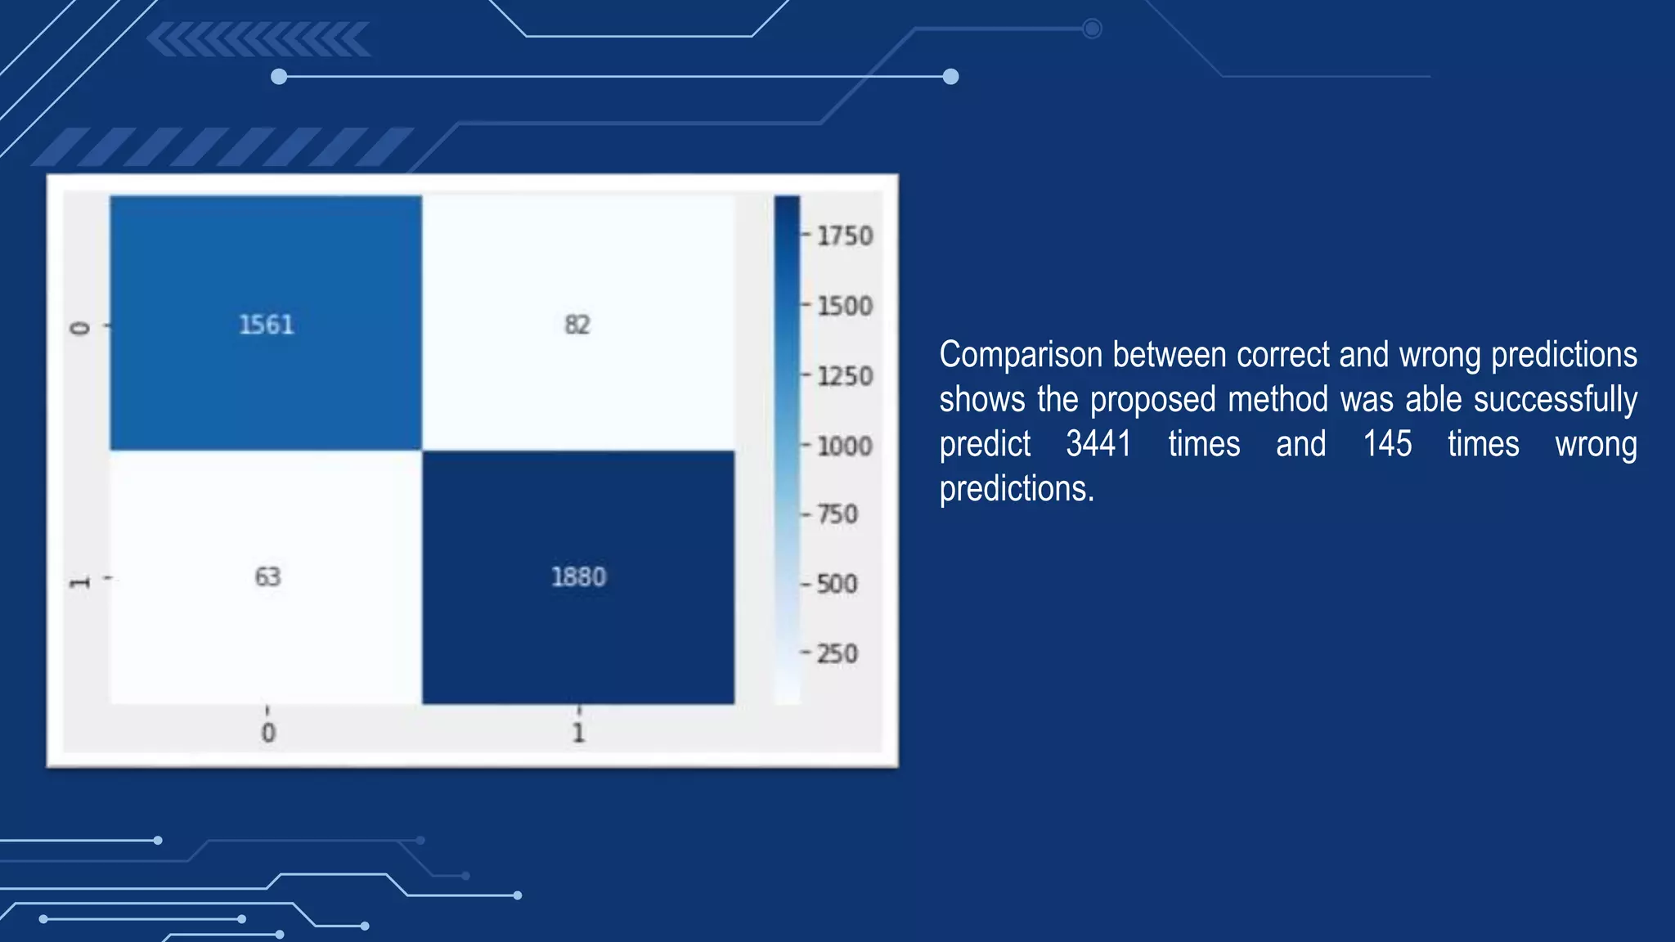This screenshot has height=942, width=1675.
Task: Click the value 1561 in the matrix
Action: point(266,325)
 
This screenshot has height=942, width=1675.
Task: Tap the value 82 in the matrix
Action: point(577,325)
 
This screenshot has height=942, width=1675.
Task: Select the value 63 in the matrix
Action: point(267,576)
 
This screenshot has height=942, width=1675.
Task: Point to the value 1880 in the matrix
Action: point(578,576)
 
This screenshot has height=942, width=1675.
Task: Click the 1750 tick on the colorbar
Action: point(845,236)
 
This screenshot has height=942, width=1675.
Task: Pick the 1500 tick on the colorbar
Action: point(845,306)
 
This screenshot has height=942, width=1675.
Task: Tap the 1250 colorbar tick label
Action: point(845,376)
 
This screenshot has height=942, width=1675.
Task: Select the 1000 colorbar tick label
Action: point(845,446)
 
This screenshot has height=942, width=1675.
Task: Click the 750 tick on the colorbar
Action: point(837,514)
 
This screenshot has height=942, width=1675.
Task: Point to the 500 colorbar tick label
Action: point(837,584)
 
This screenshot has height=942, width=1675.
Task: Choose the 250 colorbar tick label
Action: point(837,654)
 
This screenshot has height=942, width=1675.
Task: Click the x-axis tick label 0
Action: point(268,732)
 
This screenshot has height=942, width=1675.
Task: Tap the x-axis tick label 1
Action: point(578,732)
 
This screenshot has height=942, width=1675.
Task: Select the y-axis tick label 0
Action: point(79,328)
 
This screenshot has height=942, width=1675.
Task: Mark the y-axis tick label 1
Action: point(79,582)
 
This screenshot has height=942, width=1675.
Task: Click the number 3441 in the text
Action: point(1098,444)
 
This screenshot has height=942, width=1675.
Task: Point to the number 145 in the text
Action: point(1387,444)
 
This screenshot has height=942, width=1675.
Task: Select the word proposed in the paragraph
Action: point(1152,400)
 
